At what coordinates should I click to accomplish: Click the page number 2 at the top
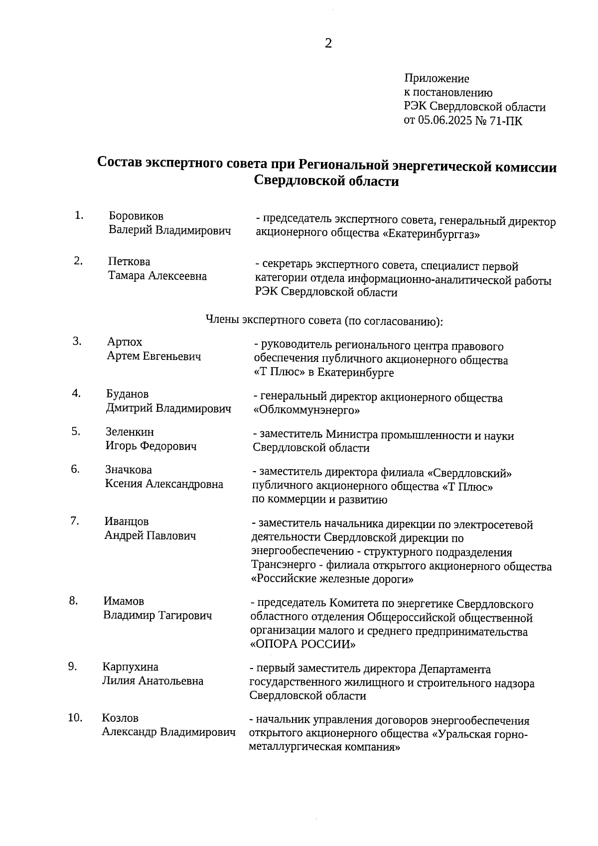[328, 44]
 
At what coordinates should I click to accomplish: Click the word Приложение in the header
[437, 79]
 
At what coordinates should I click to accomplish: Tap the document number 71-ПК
[506, 121]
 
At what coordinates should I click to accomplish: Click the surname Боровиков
[136, 216]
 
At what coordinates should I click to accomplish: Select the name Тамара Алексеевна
[157, 276]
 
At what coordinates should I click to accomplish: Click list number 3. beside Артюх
[77, 341]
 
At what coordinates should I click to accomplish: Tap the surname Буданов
[127, 394]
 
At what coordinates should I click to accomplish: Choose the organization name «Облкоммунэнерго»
[306, 411]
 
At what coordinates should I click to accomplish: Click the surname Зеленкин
[130, 432]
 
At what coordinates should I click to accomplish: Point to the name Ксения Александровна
[164, 484]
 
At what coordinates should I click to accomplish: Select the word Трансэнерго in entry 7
[284, 566]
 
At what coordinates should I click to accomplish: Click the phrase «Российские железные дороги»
[332, 580]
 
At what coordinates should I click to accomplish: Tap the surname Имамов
[124, 602]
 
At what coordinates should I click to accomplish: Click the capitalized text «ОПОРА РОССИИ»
[302, 645]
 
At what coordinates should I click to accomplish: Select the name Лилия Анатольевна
[152, 681]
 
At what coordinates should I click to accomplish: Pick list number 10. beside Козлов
[75, 718]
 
